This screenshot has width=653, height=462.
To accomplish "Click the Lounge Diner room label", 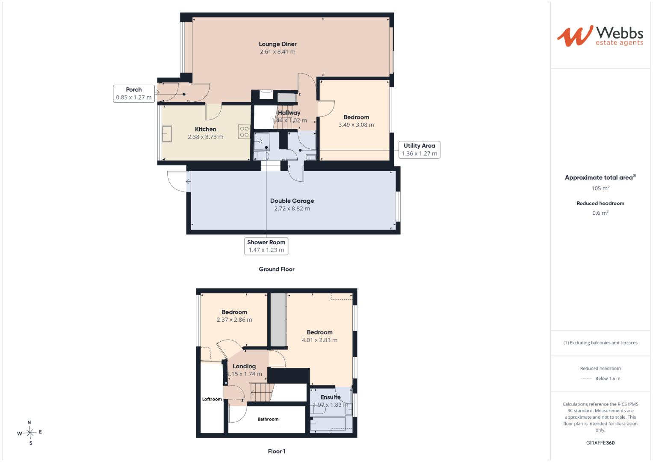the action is pos(278,44).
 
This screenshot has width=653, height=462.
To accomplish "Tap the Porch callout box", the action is pos(134,94).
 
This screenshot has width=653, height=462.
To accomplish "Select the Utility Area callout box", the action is pos(419,150).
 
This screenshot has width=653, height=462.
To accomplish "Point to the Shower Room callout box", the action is pos(266,246).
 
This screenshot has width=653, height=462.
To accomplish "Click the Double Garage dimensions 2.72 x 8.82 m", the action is pos(292,209).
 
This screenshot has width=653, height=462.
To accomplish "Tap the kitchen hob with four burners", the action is pos(244,132).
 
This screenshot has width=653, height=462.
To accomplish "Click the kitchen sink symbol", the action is pos(167,133).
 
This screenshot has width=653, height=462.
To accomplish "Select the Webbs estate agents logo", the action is pos(600,36).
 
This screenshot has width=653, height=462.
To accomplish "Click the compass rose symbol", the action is pos(30,432).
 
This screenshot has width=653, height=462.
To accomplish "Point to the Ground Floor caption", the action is pos(277,269).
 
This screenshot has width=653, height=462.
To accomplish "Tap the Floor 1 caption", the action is pos(277,451).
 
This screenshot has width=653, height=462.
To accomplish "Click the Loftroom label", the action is pos(212,399).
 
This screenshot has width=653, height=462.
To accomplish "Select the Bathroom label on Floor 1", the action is pos(268,419).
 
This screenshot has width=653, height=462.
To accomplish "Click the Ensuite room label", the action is pos(331,397).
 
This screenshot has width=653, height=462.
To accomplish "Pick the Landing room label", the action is pos(244,366).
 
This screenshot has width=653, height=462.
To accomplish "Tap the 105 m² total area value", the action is pos(600,188).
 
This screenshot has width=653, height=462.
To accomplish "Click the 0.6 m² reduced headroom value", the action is pos(600,213).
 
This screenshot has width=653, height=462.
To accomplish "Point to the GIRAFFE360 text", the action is pos(600,443).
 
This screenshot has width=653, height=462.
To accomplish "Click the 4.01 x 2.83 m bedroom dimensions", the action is pos(319,340).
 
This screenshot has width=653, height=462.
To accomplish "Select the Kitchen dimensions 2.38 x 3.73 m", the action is pos(206,137).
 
